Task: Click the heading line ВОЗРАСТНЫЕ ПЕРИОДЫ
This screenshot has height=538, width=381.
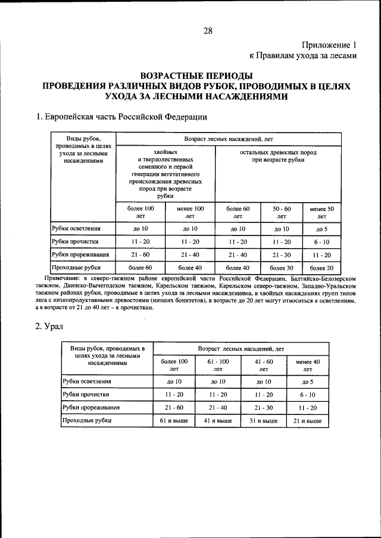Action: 196,75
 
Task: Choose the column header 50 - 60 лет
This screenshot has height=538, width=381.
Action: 282,213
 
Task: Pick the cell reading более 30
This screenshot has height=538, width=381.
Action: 282,268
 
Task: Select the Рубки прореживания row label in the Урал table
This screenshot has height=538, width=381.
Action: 91,407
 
